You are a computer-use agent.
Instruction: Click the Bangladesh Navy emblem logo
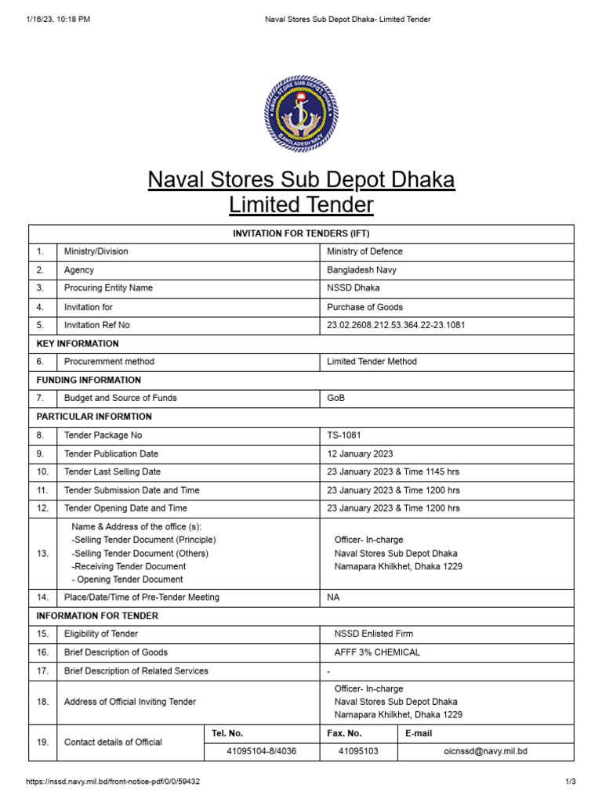click(301, 114)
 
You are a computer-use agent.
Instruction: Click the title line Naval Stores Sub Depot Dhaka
click(301, 180)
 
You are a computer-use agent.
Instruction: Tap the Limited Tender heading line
click(301, 205)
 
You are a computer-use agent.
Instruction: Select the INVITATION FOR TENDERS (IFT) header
click(301, 233)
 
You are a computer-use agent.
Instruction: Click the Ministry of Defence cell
click(364, 251)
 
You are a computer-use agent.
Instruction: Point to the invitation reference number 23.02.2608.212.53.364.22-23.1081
click(396, 325)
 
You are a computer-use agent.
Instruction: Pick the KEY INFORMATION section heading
click(78, 344)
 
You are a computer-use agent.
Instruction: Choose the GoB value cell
click(335, 398)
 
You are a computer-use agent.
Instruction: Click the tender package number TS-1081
click(344, 435)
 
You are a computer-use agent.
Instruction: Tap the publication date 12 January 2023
click(360, 453)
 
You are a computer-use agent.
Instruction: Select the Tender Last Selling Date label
click(112, 471)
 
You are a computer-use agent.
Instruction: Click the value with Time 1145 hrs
click(393, 471)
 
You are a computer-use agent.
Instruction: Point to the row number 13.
click(42, 553)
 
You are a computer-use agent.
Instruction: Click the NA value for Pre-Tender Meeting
click(333, 597)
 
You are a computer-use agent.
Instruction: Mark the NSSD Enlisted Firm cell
click(373, 634)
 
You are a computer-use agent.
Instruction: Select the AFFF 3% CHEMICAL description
click(377, 652)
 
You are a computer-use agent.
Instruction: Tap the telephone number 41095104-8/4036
click(262, 751)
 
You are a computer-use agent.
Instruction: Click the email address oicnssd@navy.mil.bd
click(485, 751)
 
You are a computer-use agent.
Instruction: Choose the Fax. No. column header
click(344, 733)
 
